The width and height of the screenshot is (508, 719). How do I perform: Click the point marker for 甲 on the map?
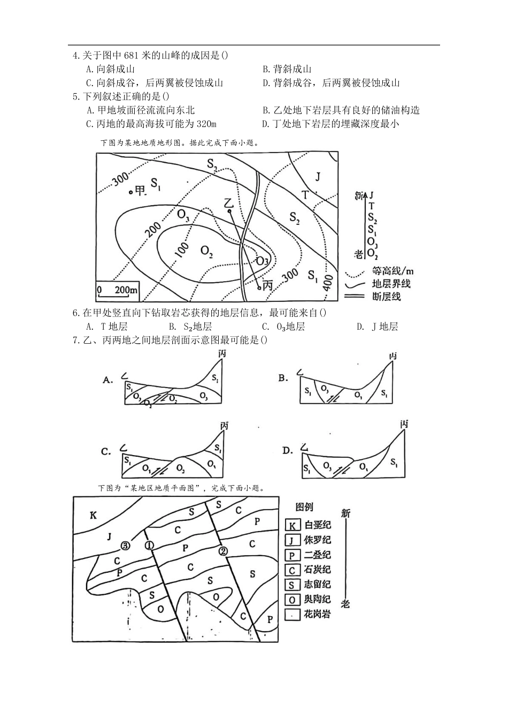pyautogui.click(x=130, y=192)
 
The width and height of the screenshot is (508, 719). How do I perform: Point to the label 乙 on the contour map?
pyautogui.click(x=229, y=202)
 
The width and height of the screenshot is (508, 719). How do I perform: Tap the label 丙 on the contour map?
pyautogui.click(x=268, y=286)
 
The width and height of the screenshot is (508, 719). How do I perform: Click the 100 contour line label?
pyautogui.click(x=182, y=249)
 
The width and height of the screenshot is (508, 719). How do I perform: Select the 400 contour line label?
pyautogui.click(x=328, y=282)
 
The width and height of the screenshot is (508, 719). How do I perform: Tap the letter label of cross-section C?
pyautogui.click(x=106, y=452)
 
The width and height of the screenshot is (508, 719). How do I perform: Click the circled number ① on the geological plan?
pyautogui.click(x=149, y=545)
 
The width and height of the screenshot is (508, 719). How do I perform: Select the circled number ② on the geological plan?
pyautogui.click(x=223, y=551)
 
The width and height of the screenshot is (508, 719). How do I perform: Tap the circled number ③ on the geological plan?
pyautogui.click(x=125, y=546)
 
